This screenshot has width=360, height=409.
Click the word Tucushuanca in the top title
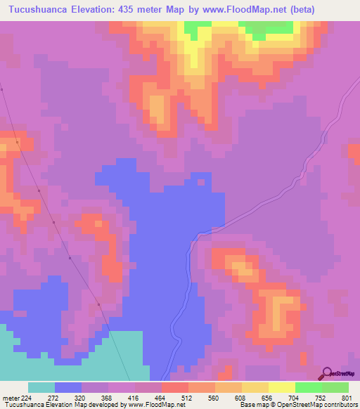coord(39,10)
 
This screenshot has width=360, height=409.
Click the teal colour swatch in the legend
coord(41,387)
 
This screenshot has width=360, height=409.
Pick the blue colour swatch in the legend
coord(68,387)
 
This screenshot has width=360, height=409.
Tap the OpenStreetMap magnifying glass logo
coord(327,373)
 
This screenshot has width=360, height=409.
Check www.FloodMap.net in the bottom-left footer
coord(155,405)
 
